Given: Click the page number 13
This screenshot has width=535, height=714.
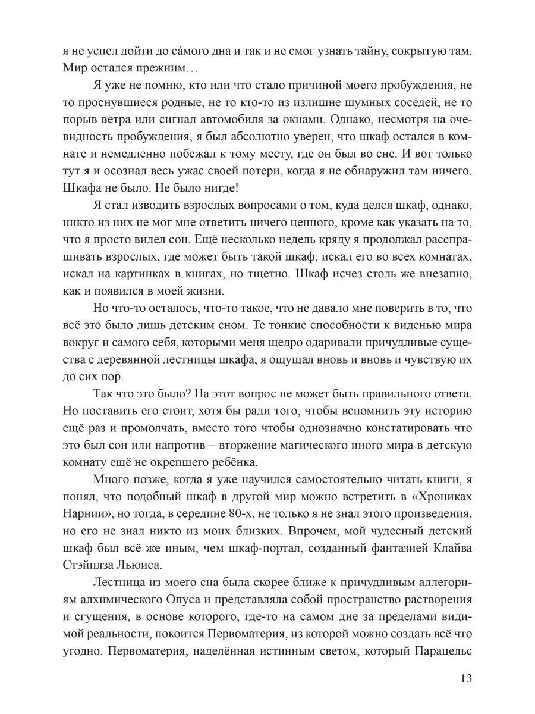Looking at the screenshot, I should [x=465, y=679].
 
